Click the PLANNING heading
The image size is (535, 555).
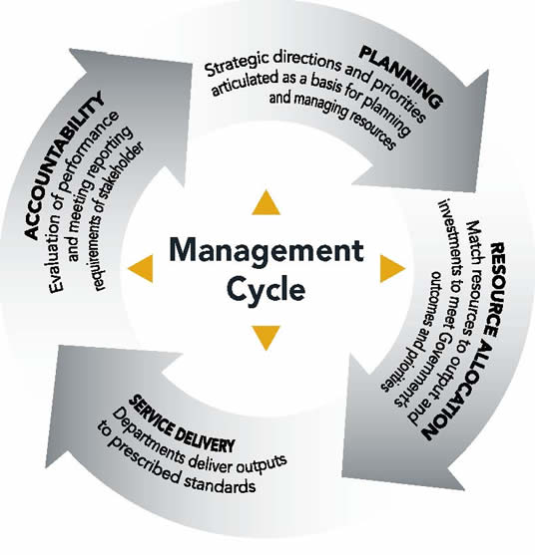pos(401,76)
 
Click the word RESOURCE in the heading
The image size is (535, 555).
pos(495,290)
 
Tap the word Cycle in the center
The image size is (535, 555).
pos(267,289)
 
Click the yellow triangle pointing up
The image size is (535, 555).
pos(266,203)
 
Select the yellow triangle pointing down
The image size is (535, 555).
pos(266,338)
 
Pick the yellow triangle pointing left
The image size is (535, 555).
pos(142,269)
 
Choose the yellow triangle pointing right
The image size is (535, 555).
pos(391,269)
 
